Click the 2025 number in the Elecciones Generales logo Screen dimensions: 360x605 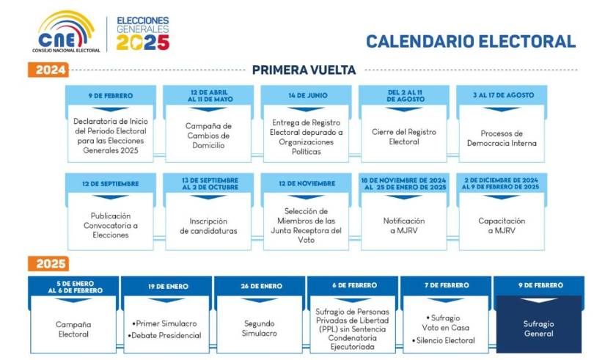pyautogui.click(x=143, y=43)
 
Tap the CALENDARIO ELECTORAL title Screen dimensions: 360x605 pyautogui.click(x=471, y=42)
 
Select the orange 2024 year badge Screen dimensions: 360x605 pyautogui.click(x=48, y=70)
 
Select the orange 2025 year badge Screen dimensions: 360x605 pyautogui.click(x=48, y=264)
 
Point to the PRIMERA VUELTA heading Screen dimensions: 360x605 pyautogui.click(x=304, y=70)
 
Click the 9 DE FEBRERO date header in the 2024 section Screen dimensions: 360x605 pyautogui.click(x=110, y=95)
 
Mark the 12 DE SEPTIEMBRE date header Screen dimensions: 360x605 pyautogui.click(x=110, y=183)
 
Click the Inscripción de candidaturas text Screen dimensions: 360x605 pyautogui.click(x=208, y=226)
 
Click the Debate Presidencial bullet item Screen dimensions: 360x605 pyautogui.click(x=167, y=335)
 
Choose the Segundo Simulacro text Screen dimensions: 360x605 pyautogui.click(x=260, y=328)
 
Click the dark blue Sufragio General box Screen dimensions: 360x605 pyautogui.click(x=538, y=328)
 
